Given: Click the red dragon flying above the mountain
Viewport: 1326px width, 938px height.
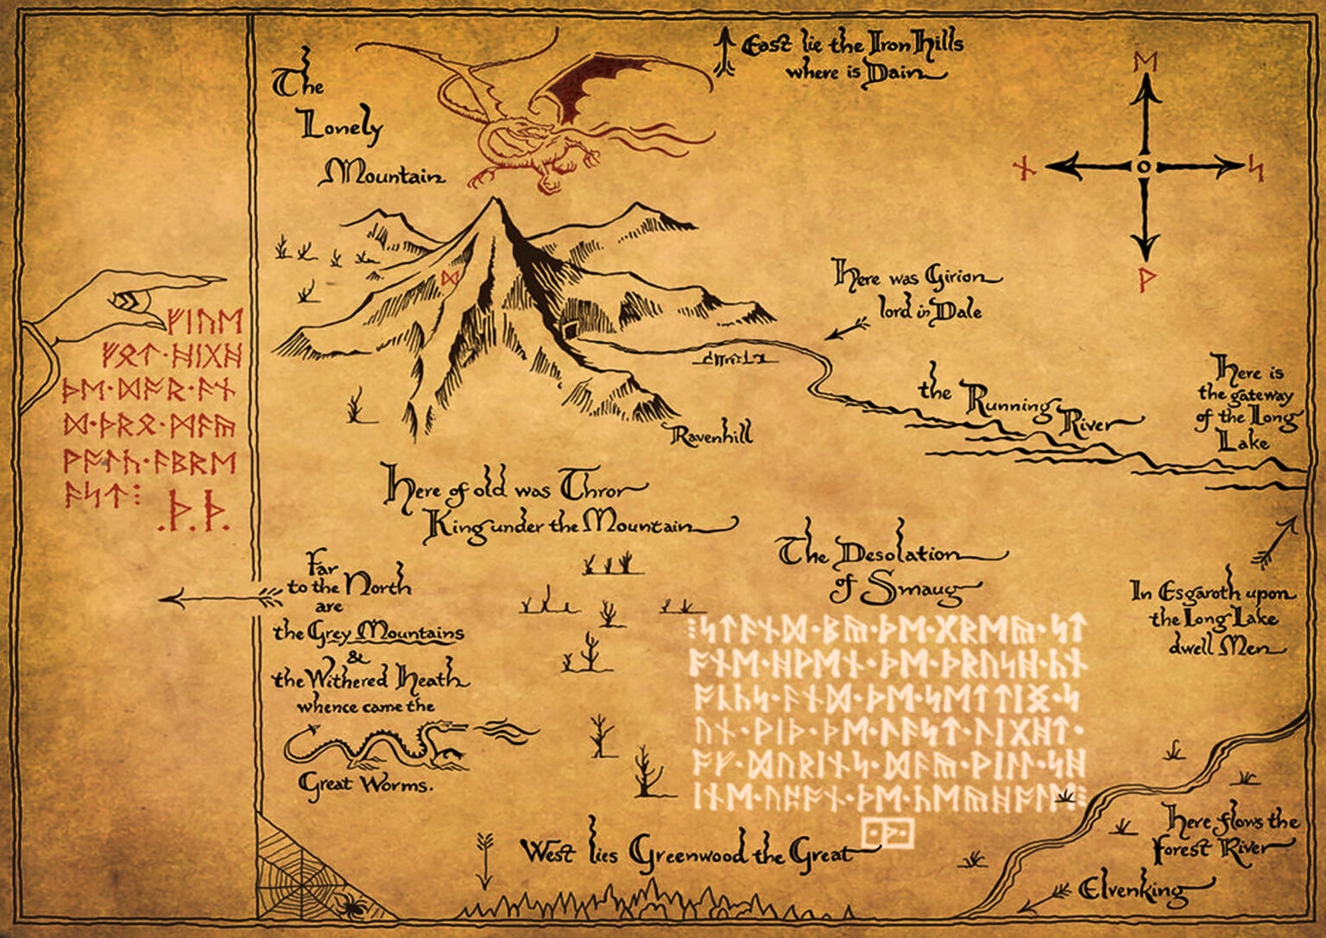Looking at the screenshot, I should pyautogui.click(x=535, y=121).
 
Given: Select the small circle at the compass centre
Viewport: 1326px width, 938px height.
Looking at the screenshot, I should pyautogui.click(x=1144, y=167).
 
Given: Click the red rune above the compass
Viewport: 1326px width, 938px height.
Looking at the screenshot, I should pyautogui.click(x=1146, y=62).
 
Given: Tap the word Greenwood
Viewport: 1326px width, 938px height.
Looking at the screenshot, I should pyautogui.click(x=688, y=855).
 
